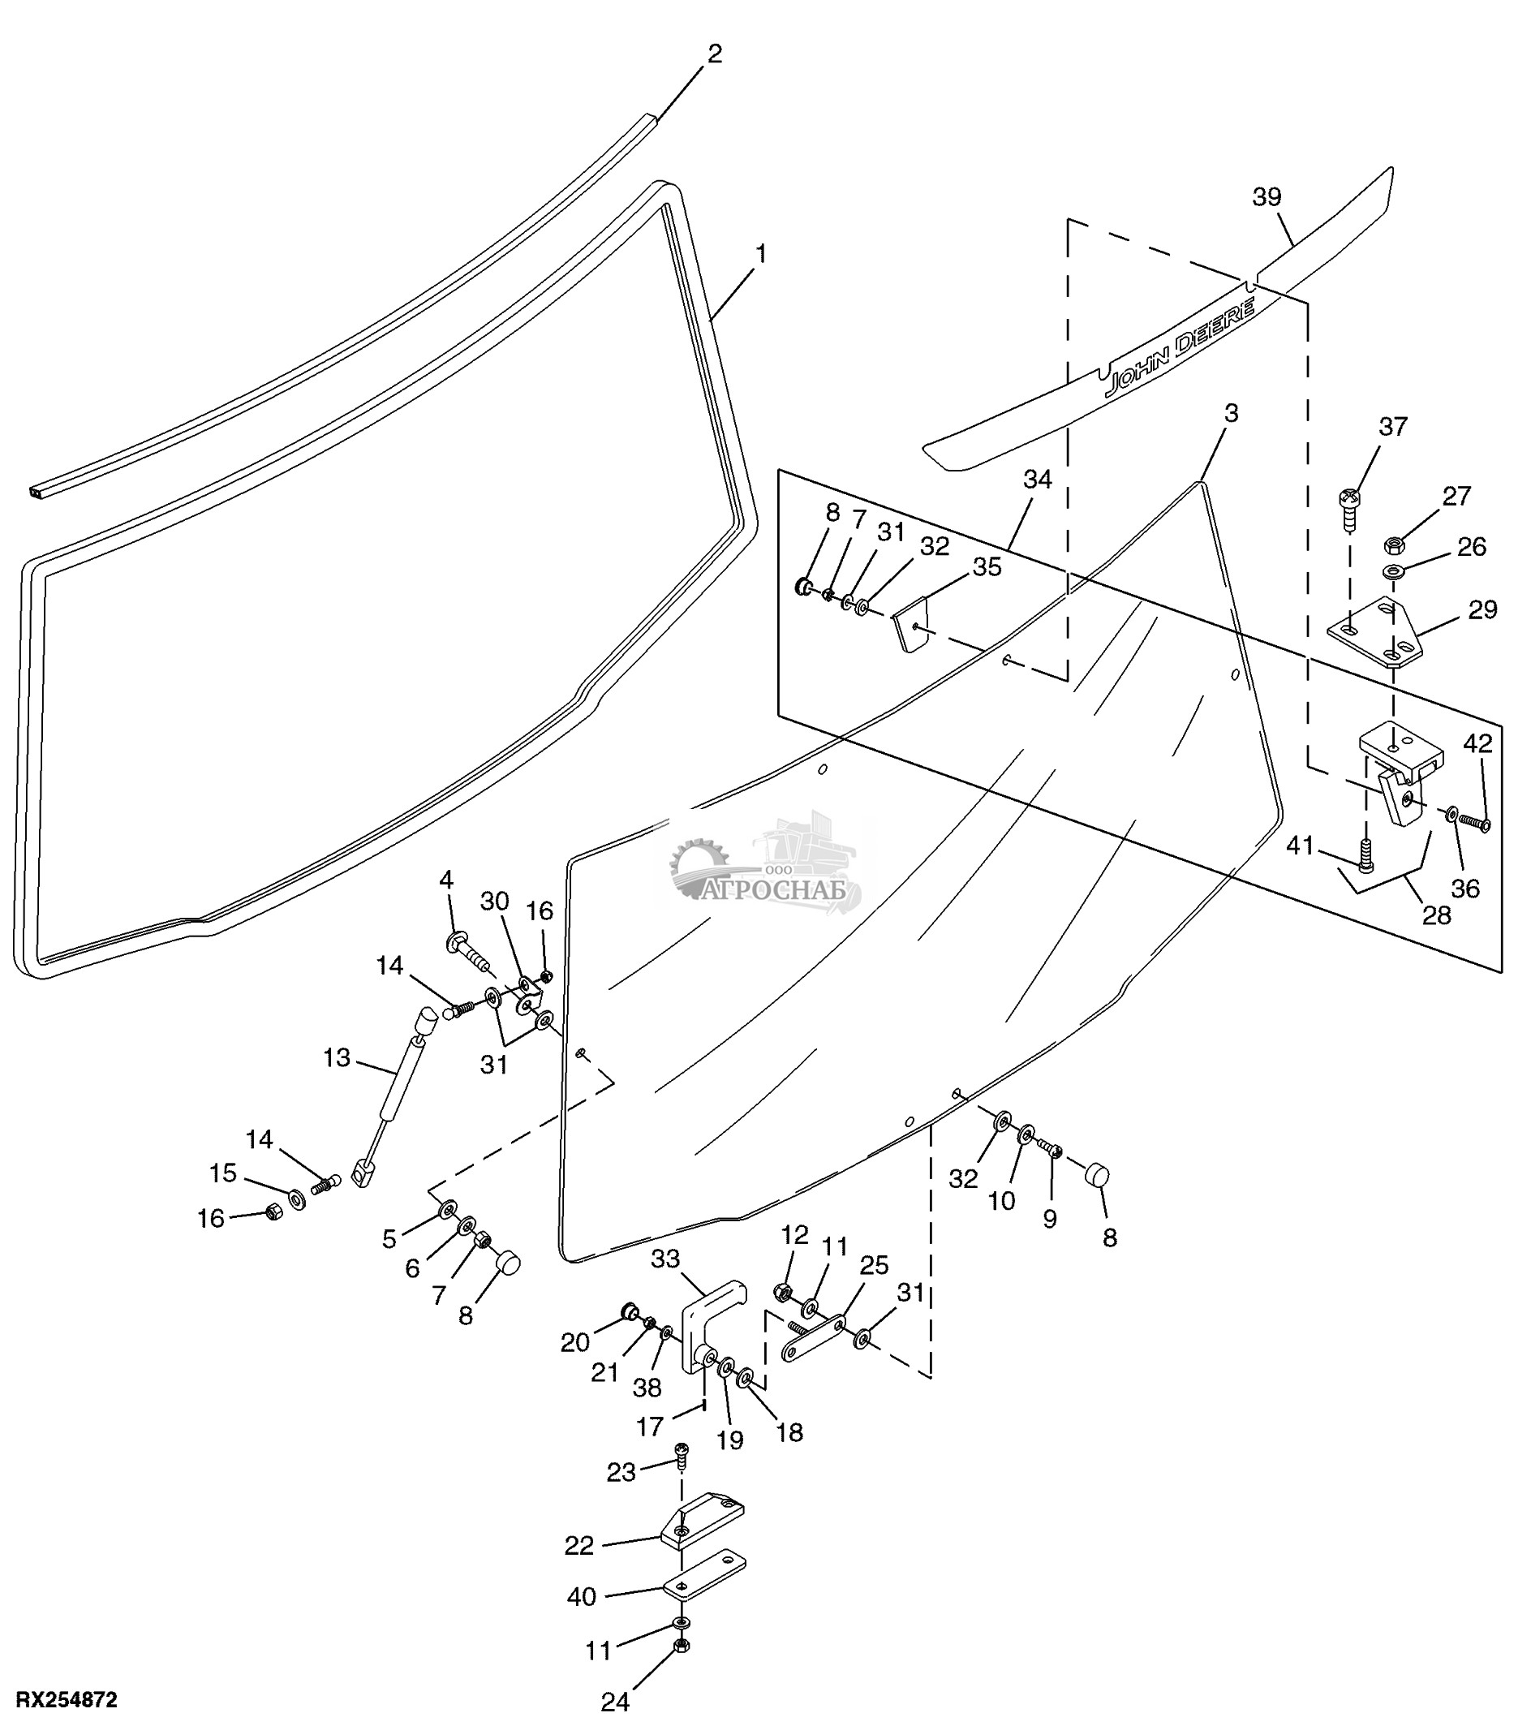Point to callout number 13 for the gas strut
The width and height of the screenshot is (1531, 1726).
336,1057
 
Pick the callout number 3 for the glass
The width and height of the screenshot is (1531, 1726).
1232,413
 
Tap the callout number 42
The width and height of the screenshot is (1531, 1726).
1477,743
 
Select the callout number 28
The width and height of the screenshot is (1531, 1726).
1436,915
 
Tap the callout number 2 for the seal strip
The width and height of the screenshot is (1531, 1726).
715,54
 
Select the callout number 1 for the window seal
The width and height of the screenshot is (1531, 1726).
761,253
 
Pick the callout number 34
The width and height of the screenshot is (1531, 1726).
1038,479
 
